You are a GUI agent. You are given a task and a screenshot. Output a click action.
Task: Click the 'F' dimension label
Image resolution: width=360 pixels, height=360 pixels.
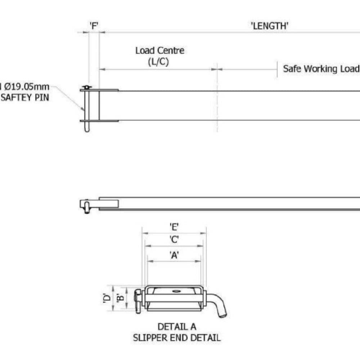94,26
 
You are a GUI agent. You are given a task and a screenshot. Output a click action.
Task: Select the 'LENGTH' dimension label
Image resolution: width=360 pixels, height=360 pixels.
270,26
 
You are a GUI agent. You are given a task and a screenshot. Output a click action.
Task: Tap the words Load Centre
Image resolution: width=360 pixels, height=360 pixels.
160,50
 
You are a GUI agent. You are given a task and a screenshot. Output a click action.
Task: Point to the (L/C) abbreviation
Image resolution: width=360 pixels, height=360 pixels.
158,62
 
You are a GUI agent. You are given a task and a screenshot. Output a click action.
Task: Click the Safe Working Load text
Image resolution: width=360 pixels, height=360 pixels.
321,69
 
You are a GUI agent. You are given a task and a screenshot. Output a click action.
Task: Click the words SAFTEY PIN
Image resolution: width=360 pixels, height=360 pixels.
25,98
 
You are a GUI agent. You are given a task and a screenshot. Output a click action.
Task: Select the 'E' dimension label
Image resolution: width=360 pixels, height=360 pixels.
174,227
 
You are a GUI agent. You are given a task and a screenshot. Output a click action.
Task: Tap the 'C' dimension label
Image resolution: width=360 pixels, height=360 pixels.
174,239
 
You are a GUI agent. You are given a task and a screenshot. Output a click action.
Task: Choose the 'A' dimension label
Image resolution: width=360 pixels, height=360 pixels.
174,255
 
